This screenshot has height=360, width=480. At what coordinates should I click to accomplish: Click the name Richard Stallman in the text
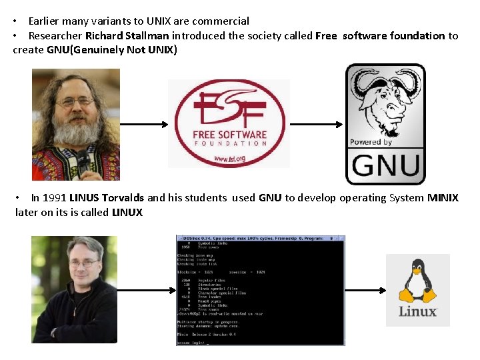[127, 36]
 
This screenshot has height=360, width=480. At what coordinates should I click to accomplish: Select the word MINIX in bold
[443, 198]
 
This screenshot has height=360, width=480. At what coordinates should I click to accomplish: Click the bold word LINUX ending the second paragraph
[127, 213]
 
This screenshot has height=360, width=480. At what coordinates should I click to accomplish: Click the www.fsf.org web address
[230, 159]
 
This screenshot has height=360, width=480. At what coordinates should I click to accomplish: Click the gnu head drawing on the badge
[385, 100]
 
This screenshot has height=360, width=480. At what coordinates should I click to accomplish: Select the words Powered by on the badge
[371, 142]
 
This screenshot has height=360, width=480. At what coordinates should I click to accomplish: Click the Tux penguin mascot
[417, 282]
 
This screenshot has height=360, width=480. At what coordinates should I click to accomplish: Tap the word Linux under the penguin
[417, 311]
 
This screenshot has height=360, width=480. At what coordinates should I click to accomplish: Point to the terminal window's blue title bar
[260, 238]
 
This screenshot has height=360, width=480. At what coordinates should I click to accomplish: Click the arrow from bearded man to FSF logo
[144, 124]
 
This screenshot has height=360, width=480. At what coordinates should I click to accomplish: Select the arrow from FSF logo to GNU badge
[317, 124]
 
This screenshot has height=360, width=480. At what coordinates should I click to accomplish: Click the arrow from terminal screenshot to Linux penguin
[365, 290]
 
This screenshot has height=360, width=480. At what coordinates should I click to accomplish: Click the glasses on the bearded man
[75, 102]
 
